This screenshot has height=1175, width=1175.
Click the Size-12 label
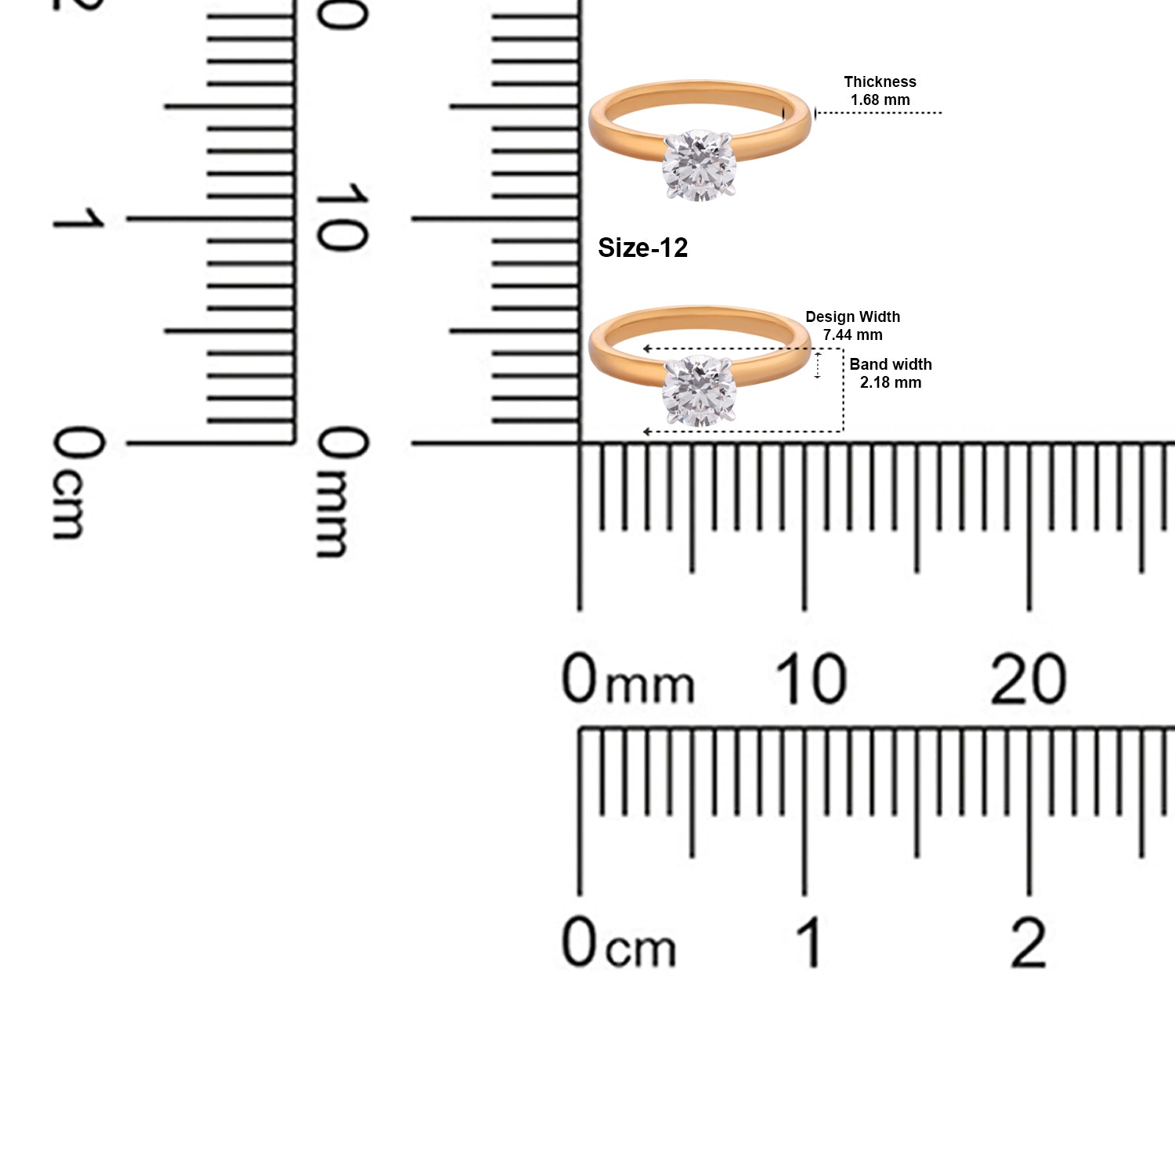coord(642,248)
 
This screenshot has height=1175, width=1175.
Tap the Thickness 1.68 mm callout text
coord(880,91)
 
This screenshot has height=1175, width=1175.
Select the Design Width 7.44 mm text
coord(852,325)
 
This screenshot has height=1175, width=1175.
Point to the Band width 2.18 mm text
coord(891,373)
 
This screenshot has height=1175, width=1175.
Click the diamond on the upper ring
coord(699,164)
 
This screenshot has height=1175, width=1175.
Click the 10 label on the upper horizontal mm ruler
coord(811,678)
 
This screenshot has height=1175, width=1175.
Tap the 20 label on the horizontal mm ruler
coord(1028,678)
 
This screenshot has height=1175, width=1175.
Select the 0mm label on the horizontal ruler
coord(627,678)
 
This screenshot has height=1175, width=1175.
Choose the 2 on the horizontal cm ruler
coord(1028,942)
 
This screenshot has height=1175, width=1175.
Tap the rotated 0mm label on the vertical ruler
coord(342,491)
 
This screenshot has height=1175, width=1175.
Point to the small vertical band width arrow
coord(818,365)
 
